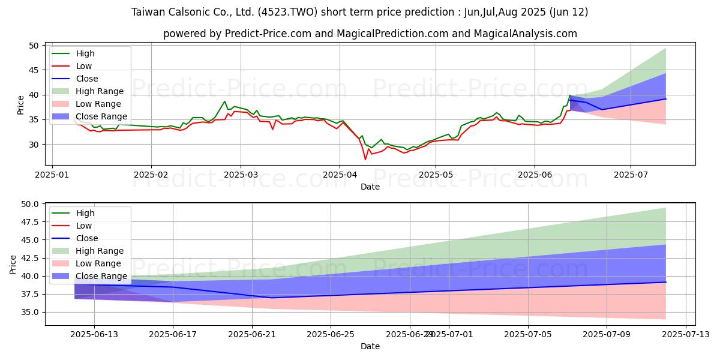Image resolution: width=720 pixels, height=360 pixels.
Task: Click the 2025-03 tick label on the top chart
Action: pyautogui.click(x=241, y=174)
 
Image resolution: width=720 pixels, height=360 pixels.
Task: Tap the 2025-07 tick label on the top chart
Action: pyautogui.click(x=631, y=174)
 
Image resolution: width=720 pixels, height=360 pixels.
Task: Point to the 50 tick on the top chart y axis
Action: pyautogui.click(x=34, y=46)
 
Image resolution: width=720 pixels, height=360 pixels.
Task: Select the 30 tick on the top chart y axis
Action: pyautogui.click(x=34, y=145)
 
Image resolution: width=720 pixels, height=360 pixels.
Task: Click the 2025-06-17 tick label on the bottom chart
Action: pyautogui.click(x=173, y=334)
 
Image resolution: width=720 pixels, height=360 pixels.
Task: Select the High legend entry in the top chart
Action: pyautogui.click(x=85, y=53)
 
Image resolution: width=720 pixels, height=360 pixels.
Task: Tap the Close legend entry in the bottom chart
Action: pyautogui.click(x=87, y=238)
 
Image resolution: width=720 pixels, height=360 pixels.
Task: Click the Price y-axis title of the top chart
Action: pyautogui.click(x=21, y=105)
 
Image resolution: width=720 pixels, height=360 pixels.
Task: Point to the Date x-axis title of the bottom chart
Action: pyautogui.click(x=370, y=346)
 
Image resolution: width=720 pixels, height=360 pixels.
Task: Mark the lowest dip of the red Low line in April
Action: pyautogui.click(x=365, y=159)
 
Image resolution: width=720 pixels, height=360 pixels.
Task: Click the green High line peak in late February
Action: pyautogui.click(x=224, y=101)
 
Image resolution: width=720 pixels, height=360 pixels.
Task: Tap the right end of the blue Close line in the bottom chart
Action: pyautogui.click(x=666, y=282)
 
